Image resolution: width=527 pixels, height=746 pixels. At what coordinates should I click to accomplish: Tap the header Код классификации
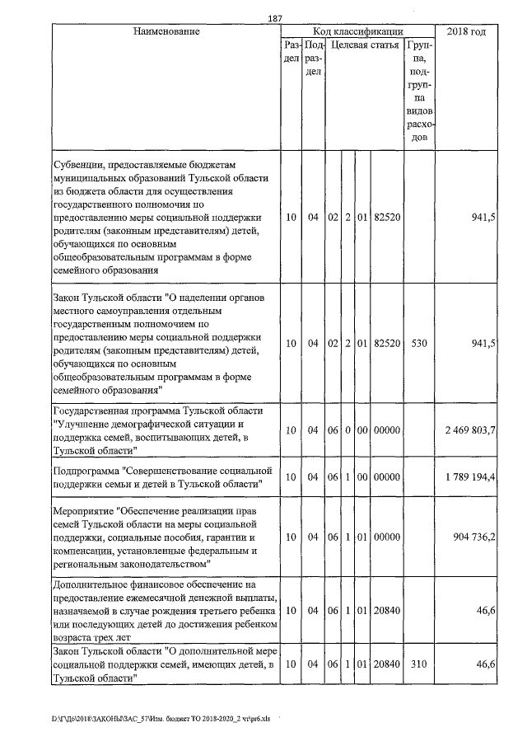click(359, 31)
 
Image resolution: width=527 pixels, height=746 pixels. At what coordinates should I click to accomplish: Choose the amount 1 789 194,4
click(469, 477)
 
